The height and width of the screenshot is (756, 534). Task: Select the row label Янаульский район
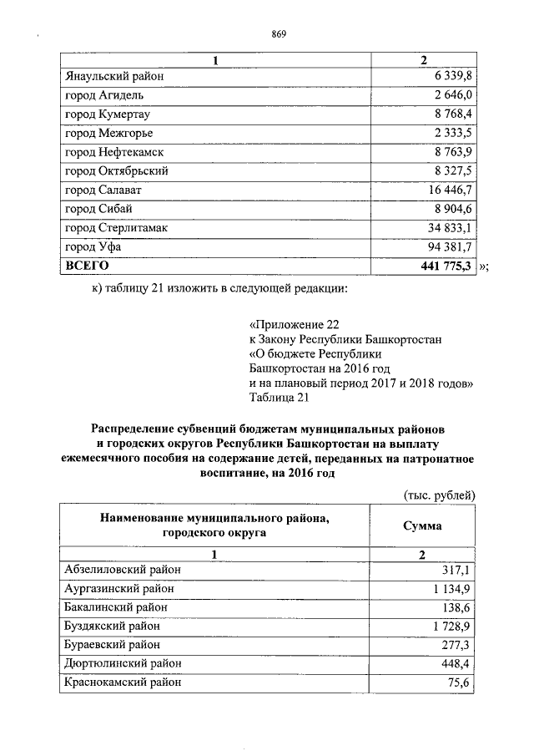click(x=113, y=76)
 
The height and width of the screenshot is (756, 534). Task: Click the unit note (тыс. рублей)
click(x=439, y=495)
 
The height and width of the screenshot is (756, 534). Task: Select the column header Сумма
click(x=422, y=526)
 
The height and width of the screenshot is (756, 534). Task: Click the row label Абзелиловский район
click(x=123, y=570)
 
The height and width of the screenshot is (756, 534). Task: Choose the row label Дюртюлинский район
click(x=123, y=663)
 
